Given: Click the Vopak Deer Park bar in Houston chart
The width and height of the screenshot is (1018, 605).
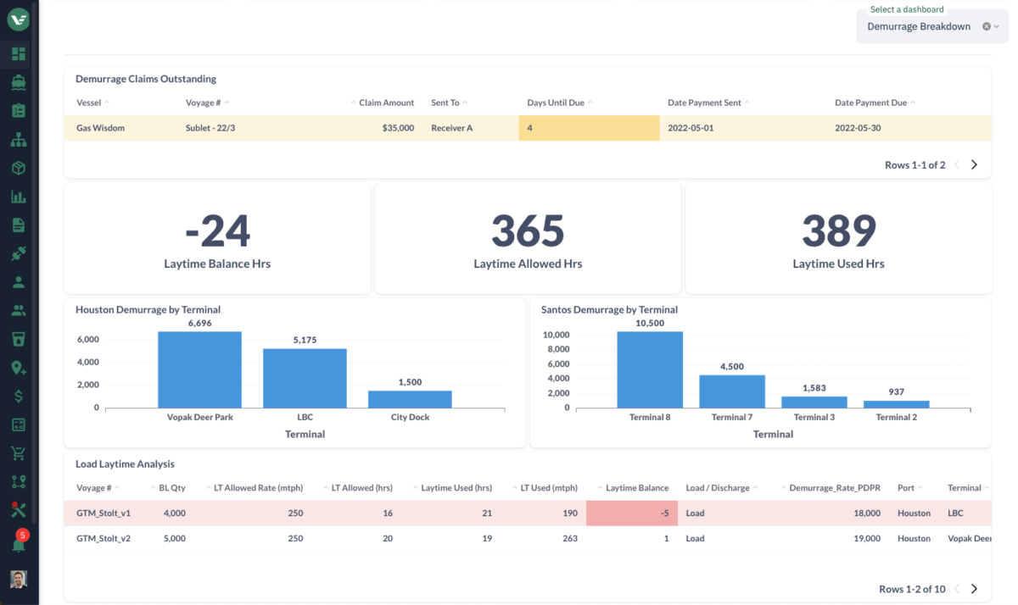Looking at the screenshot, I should [x=199, y=369].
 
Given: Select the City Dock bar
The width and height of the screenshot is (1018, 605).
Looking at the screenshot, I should [x=410, y=398].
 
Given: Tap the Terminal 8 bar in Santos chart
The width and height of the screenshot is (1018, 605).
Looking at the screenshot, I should [x=650, y=369].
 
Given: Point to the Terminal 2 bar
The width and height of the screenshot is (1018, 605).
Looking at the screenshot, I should [x=896, y=404].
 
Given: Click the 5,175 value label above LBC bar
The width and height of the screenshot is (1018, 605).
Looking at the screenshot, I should [x=305, y=340].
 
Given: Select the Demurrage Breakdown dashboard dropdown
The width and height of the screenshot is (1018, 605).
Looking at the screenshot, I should [x=920, y=26].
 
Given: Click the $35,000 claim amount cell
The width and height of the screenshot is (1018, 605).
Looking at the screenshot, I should [x=397, y=128].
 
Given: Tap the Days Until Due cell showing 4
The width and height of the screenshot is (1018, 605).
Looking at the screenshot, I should [x=589, y=128].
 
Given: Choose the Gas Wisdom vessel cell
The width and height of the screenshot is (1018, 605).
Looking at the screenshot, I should [x=100, y=128].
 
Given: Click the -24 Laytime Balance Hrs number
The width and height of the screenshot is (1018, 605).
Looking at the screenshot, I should [x=217, y=230].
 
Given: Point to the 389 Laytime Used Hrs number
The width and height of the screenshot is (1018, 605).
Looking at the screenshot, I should [x=838, y=230].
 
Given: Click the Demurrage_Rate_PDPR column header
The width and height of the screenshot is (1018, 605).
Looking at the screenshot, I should [x=834, y=488].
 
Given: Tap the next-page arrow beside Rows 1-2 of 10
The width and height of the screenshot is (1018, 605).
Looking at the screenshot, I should [x=974, y=589].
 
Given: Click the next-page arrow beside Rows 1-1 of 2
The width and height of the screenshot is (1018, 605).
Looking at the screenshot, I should [x=974, y=165].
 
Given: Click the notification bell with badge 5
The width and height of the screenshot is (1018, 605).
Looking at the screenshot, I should [x=18, y=544].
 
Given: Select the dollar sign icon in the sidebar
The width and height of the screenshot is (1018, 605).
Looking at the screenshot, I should [x=18, y=396].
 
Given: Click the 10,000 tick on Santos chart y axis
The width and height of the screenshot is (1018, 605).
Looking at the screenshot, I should [x=556, y=335].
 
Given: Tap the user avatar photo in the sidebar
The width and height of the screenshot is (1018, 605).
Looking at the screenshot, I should [x=18, y=580].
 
